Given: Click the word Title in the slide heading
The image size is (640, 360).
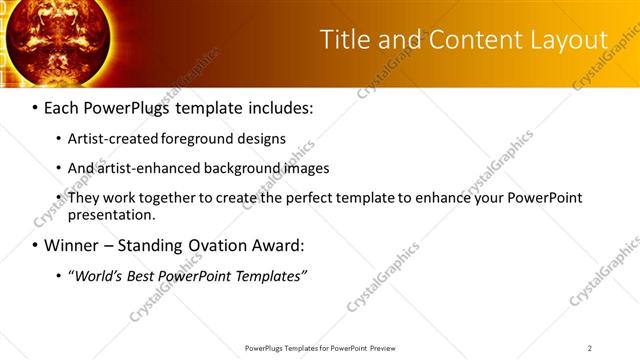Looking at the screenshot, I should (341, 39).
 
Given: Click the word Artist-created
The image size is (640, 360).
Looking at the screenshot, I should (107, 138).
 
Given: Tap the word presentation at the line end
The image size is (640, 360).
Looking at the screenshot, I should (110, 214).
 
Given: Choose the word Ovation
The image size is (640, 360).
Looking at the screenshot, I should (222, 245).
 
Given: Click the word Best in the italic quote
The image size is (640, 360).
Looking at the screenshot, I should (144, 276).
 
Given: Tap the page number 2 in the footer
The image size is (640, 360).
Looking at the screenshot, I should (590, 348).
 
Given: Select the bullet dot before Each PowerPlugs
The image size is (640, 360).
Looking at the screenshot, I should (36, 106).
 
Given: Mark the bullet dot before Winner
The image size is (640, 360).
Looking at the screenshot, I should (36, 246).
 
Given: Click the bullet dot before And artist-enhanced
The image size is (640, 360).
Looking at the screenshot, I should (59, 169).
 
